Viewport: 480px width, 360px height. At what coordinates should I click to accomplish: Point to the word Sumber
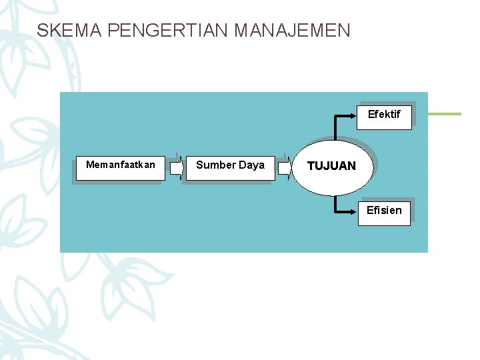(x=214, y=165)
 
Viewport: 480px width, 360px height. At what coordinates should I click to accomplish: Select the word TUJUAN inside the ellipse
(x=331, y=166)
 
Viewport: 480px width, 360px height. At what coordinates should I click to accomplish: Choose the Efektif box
(x=385, y=115)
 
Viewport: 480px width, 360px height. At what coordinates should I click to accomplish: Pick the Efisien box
(x=384, y=211)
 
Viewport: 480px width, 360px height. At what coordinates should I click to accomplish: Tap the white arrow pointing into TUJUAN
(x=285, y=169)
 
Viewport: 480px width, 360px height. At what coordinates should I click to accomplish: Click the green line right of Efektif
(x=444, y=114)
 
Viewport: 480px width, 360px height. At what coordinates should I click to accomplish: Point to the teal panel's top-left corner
(x=61, y=93)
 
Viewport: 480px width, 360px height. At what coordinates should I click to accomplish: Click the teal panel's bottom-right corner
(x=427, y=251)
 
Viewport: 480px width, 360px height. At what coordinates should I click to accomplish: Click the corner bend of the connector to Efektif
(x=335, y=116)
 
